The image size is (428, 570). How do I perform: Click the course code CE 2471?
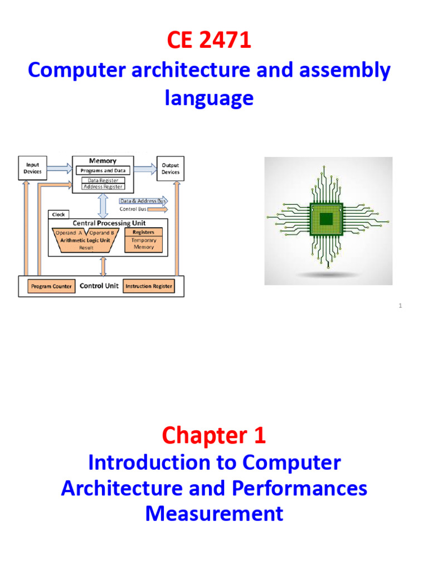coord(209,41)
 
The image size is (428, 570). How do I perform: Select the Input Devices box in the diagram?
coord(32,168)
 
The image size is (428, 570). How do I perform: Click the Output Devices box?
coord(170,168)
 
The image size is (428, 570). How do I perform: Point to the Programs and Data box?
coord(103,170)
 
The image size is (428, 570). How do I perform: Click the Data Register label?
coord(103,180)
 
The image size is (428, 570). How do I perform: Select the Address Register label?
coord(103,187)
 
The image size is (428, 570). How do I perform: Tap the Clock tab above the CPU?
coord(59,214)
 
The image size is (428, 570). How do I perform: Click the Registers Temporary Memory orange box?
coord(143,239)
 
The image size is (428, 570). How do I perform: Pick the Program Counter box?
coord(51,286)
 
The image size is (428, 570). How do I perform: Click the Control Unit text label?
coord(99,286)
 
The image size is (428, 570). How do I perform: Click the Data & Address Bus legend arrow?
coord(144,201)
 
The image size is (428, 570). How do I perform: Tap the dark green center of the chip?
coord(328,219)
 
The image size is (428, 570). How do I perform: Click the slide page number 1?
coord(400,306)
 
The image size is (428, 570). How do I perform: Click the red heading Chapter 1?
coord(213,436)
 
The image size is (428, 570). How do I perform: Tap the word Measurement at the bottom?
coord(214,513)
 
